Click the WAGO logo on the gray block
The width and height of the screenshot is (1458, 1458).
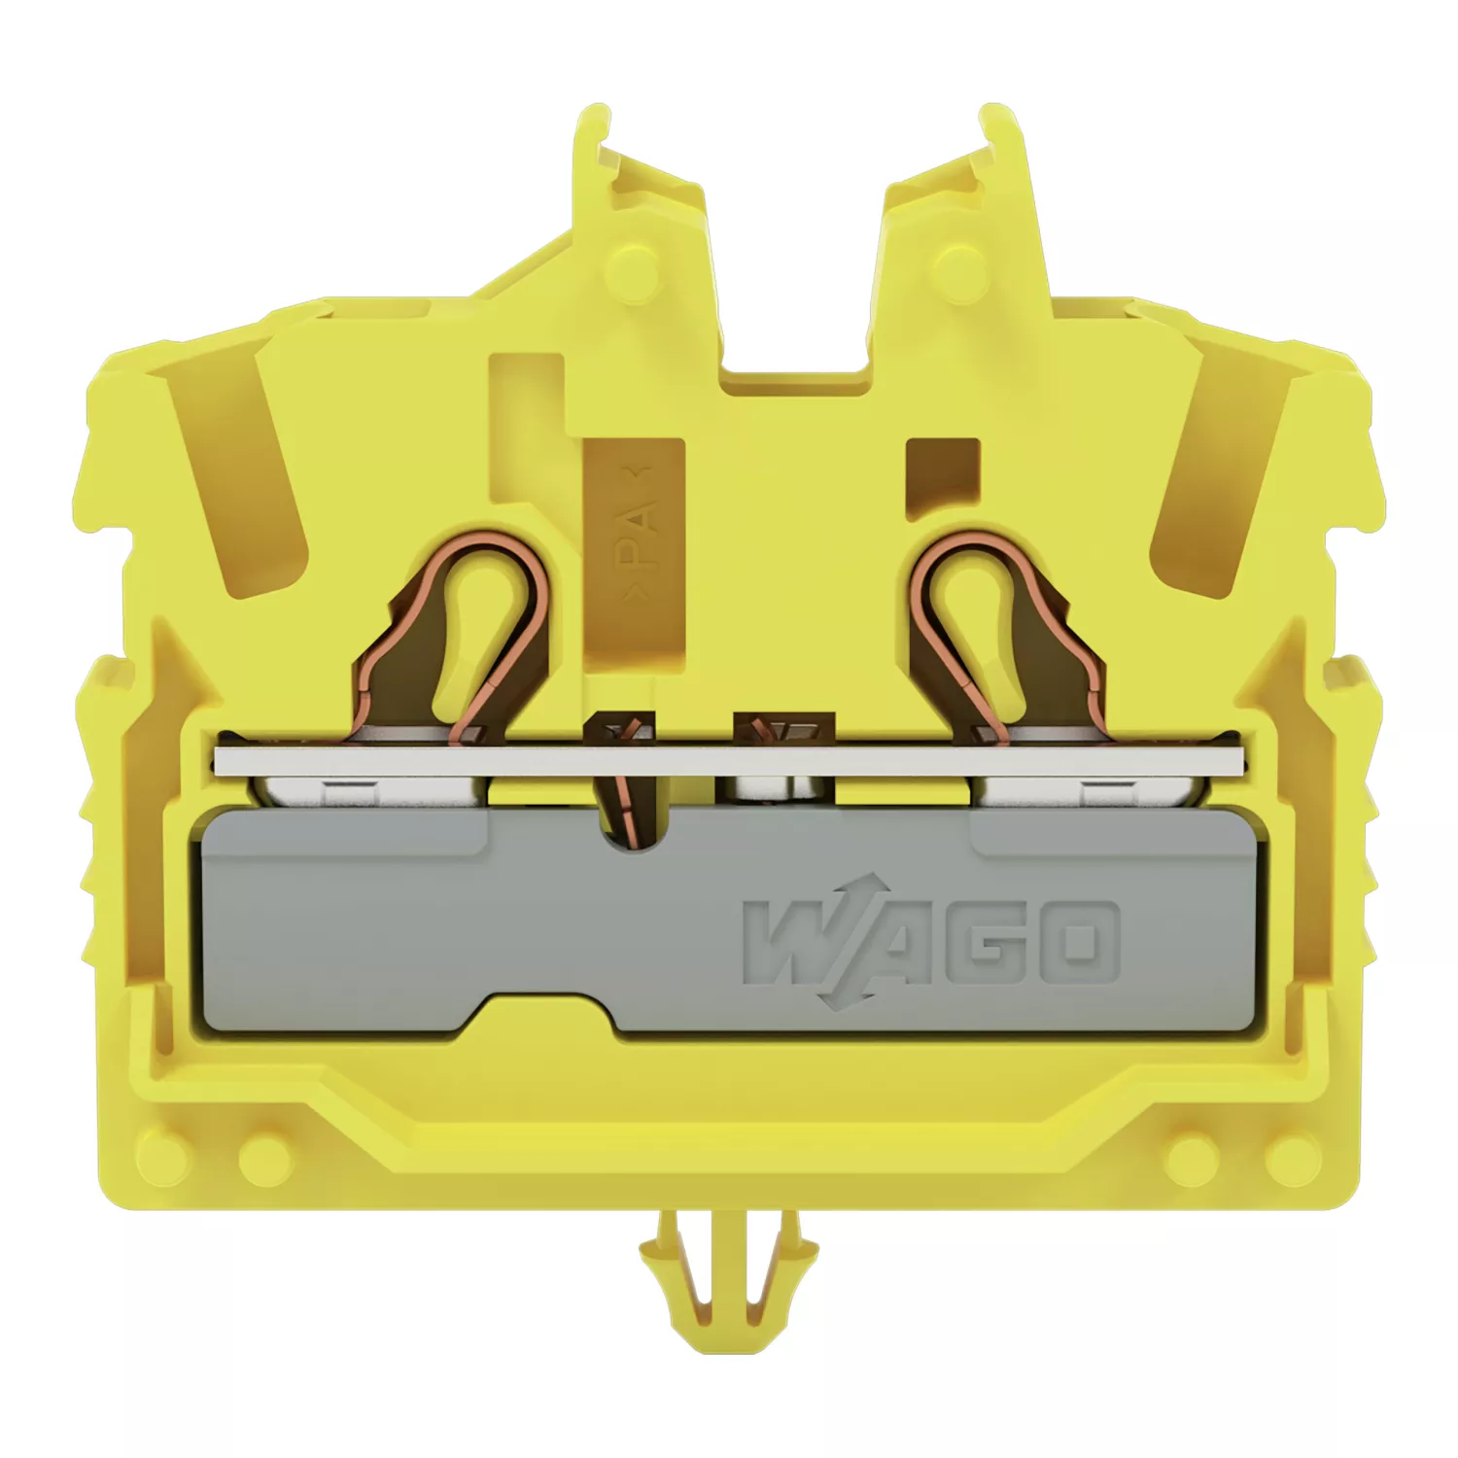(x=931, y=939)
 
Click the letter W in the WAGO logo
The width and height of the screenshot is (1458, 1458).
(x=792, y=939)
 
